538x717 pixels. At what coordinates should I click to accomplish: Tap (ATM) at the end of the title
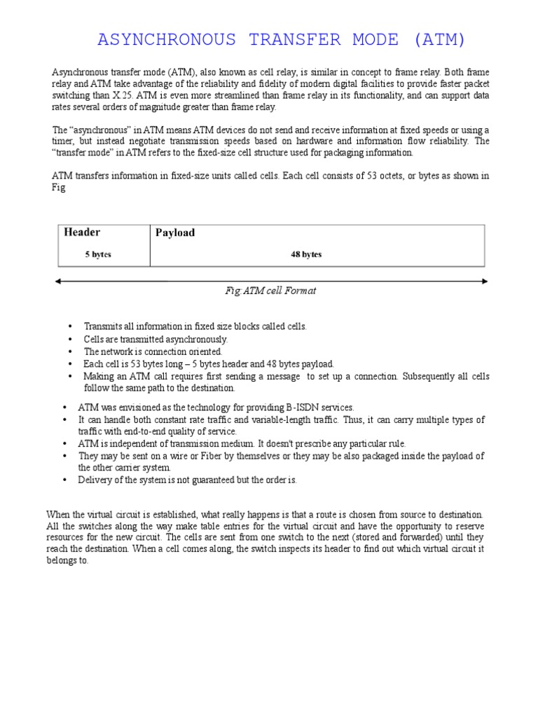(x=439, y=40)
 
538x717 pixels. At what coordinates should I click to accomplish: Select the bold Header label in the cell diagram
(x=82, y=232)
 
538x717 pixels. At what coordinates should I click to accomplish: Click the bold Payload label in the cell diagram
(x=175, y=233)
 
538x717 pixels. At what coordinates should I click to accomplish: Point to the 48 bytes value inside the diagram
(x=306, y=255)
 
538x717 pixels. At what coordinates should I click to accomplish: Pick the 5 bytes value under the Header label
(x=98, y=255)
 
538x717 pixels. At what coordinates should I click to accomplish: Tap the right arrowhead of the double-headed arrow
(x=485, y=281)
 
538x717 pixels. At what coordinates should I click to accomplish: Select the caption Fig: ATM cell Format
(x=270, y=291)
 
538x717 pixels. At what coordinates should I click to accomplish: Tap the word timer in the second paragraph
(x=64, y=141)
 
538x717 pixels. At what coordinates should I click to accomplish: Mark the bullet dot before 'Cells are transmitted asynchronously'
(x=70, y=340)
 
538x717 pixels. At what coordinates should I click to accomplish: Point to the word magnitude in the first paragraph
(x=172, y=107)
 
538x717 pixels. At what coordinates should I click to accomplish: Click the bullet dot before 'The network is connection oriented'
(x=70, y=351)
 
